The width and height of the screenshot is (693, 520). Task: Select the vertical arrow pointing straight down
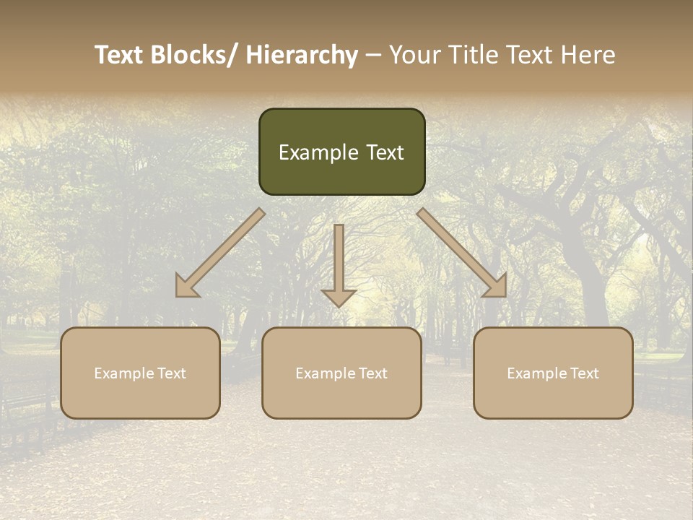coord(339,264)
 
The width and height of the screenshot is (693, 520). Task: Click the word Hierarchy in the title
coord(302,56)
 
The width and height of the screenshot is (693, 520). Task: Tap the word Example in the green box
coord(318,152)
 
